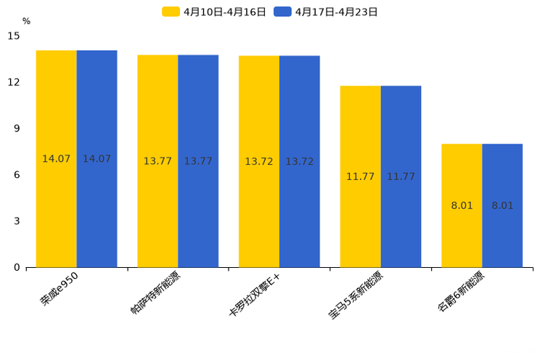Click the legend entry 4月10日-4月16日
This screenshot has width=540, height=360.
215,12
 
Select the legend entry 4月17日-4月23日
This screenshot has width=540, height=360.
327,12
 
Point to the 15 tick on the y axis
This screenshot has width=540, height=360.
14,36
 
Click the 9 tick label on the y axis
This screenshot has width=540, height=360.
17,128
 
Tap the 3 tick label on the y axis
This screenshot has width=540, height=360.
17,221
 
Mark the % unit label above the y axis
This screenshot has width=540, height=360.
26,21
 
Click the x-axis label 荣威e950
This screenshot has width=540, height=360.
60,290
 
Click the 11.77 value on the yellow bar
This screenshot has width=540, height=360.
360,176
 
